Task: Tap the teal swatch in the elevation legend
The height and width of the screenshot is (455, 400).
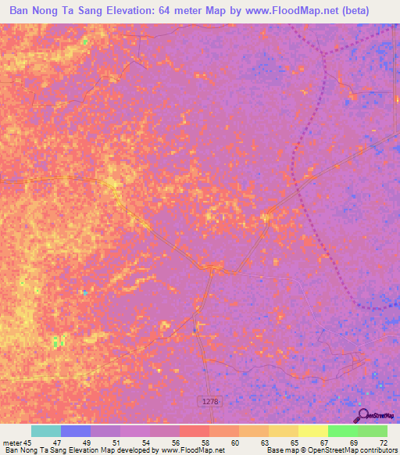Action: (46, 431)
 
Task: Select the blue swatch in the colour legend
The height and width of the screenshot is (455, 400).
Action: (76, 431)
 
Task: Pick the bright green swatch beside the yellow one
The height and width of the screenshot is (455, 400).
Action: (342, 431)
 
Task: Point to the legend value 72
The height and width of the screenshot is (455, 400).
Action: (383, 442)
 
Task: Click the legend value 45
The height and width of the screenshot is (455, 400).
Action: (28, 442)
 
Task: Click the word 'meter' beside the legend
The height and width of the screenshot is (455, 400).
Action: (11, 442)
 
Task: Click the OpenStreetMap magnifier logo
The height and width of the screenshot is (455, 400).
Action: (363, 415)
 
